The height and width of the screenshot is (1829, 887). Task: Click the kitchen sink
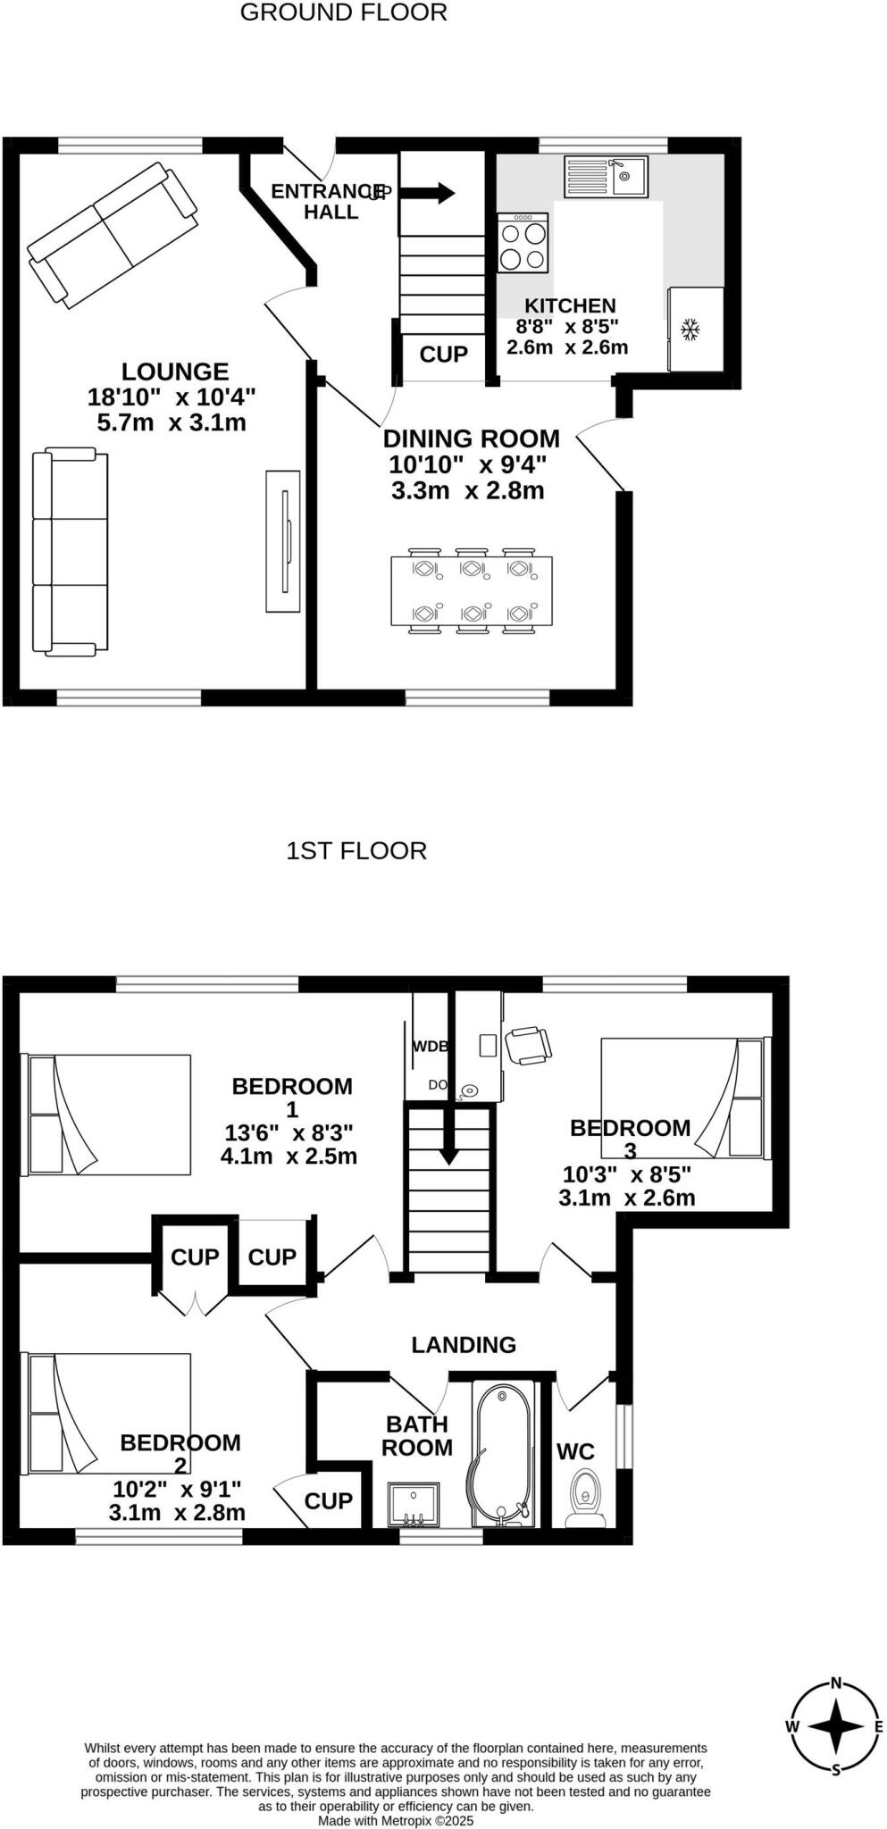(606, 176)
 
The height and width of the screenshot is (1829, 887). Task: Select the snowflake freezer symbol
(690, 330)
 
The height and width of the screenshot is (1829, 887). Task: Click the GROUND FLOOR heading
(344, 13)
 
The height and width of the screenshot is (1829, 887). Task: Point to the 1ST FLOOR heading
(356, 850)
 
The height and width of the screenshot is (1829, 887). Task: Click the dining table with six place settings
(471, 591)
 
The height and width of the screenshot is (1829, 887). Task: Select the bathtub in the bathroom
(501, 1451)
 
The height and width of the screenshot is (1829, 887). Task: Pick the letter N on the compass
(836, 1683)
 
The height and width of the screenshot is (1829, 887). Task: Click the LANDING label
(464, 1345)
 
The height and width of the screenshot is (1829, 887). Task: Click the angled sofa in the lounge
(113, 234)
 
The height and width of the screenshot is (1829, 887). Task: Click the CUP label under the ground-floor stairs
(443, 355)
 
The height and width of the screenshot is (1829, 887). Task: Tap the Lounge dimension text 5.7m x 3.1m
(171, 422)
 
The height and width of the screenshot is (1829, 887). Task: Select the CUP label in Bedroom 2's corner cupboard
(328, 1501)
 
